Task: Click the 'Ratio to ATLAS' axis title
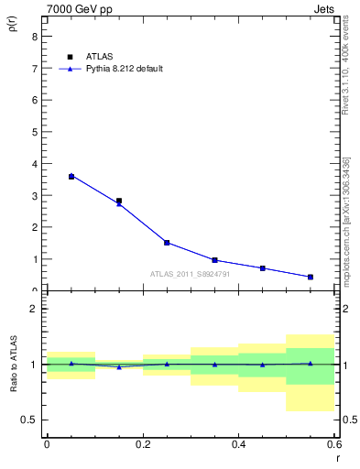coord(13,364)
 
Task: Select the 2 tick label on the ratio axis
coord(34,309)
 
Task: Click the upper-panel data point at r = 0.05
coord(71,176)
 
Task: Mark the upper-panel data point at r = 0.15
coord(119,201)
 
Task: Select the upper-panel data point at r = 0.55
coord(311,277)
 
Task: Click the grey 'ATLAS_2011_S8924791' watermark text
coord(190,273)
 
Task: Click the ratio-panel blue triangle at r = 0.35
coord(215,365)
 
